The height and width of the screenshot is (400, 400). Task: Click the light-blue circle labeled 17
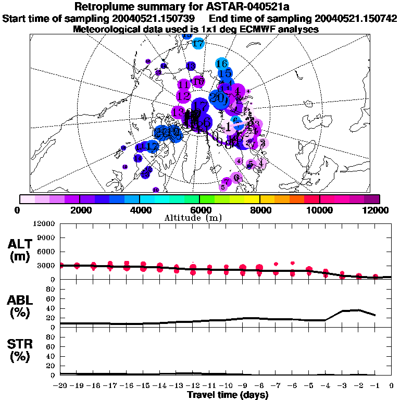point(198,44)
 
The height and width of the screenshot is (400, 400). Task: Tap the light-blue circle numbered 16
point(221,64)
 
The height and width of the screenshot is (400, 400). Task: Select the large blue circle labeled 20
point(219,97)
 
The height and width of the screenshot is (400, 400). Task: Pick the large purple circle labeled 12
point(183,96)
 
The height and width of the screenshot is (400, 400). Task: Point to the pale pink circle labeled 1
point(228,127)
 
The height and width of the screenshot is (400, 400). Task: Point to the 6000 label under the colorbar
point(199,210)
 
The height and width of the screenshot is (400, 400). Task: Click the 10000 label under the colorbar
point(319,210)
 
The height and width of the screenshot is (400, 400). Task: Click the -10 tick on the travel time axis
point(226,386)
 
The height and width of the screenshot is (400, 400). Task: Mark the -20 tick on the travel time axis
point(60,386)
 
